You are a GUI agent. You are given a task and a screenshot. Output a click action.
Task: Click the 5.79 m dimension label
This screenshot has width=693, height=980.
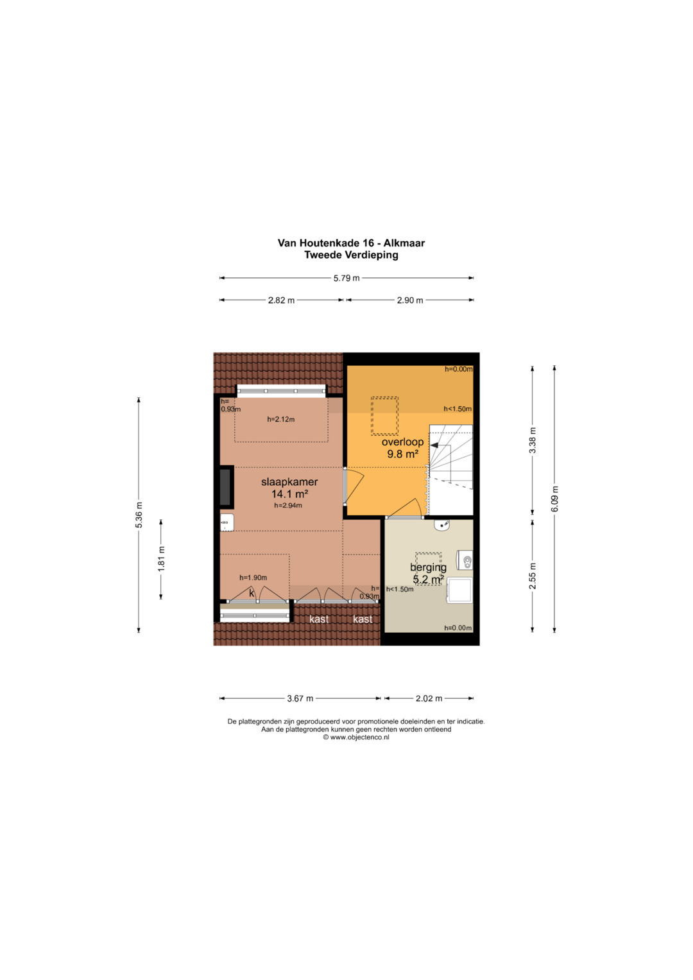[346, 278]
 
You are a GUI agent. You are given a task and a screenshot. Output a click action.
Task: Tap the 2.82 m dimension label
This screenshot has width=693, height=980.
[281, 300]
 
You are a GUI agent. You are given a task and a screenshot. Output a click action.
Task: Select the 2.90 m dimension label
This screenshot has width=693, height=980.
[410, 300]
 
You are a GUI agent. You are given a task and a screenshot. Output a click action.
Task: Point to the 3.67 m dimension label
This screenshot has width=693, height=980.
[300, 698]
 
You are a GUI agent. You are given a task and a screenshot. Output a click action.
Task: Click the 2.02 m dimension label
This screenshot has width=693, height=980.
[429, 698]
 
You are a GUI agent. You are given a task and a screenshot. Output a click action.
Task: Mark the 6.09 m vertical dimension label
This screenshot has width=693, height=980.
[555, 499]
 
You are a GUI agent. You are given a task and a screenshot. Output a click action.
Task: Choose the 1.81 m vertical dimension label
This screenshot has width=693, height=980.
[161, 559]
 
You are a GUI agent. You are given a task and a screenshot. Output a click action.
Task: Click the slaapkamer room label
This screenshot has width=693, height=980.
[289, 482]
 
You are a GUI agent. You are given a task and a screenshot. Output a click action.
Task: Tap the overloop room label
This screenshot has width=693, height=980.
[402, 442]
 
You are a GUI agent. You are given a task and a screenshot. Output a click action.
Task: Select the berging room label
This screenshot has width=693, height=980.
[429, 567]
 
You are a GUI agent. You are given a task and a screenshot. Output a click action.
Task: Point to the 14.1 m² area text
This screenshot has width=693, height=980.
[289, 494]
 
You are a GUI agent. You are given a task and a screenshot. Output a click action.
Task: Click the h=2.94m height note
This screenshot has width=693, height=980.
[288, 505]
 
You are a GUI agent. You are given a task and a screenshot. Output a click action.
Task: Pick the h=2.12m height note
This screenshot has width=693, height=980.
[281, 419]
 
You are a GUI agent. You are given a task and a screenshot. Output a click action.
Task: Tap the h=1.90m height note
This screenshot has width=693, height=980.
[253, 578]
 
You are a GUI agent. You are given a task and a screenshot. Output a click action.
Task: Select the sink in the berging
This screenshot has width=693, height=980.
[443, 524]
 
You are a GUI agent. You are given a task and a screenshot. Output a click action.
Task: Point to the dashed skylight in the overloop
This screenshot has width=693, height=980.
[384, 416]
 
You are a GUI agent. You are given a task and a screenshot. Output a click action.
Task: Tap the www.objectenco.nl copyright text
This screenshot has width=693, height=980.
[356, 737]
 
